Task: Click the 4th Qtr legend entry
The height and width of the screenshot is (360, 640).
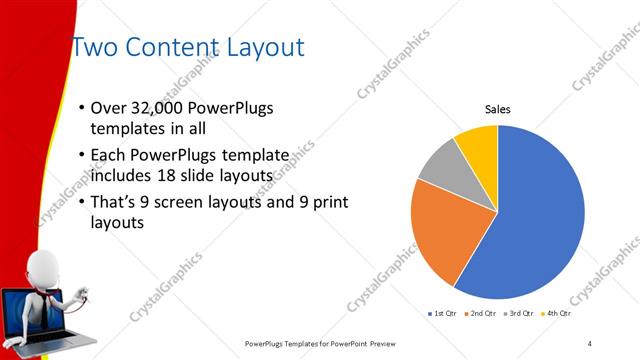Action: coord(557,314)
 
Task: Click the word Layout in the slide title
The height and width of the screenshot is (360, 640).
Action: coord(259,48)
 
